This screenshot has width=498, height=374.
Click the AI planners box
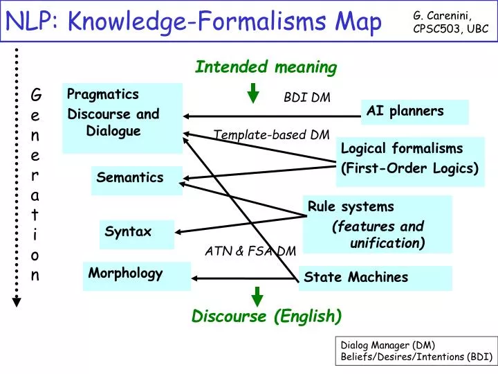tap(414, 112)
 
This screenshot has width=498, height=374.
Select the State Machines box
tap(376, 277)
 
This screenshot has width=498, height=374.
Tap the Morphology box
tap(136, 274)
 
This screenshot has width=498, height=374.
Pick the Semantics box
tap(137, 179)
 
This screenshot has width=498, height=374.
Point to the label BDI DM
tap(307, 98)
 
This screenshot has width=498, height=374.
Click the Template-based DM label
tap(271, 135)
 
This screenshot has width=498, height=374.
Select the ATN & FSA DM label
tap(250, 251)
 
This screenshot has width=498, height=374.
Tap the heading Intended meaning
tap(266, 67)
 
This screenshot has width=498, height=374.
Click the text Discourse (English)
tap(266, 317)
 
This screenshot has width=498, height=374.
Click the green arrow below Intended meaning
tap(254, 92)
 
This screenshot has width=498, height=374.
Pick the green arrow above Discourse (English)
tap(257, 296)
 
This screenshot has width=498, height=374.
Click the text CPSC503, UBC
tap(450, 29)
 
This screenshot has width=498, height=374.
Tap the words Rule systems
tap(351, 206)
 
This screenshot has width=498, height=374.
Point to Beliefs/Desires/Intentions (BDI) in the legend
tap(416, 357)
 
